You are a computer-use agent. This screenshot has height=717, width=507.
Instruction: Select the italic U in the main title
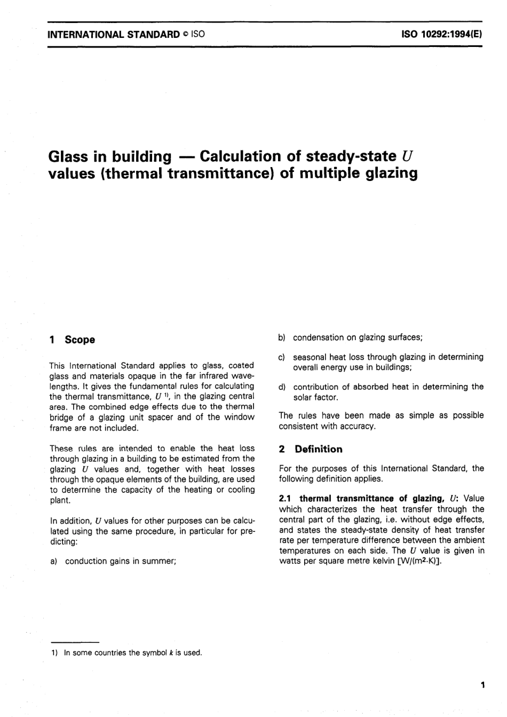(x=408, y=157)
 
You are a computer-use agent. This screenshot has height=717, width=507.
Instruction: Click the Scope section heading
(x=80, y=340)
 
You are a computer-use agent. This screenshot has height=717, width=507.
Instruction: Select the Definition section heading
(x=318, y=449)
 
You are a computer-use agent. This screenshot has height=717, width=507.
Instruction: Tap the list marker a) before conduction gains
(x=53, y=561)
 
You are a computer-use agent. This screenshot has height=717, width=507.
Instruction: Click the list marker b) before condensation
(x=282, y=337)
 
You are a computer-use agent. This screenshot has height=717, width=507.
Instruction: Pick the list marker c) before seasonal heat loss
(x=282, y=357)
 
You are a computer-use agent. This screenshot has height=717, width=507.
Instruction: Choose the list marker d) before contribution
(x=282, y=387)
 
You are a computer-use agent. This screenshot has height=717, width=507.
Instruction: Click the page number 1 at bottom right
(x=482, y=685)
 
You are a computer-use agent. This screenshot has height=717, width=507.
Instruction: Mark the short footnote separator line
(x=74, y=641)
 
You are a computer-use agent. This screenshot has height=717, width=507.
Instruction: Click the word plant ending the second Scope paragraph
(x=60, y=500)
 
